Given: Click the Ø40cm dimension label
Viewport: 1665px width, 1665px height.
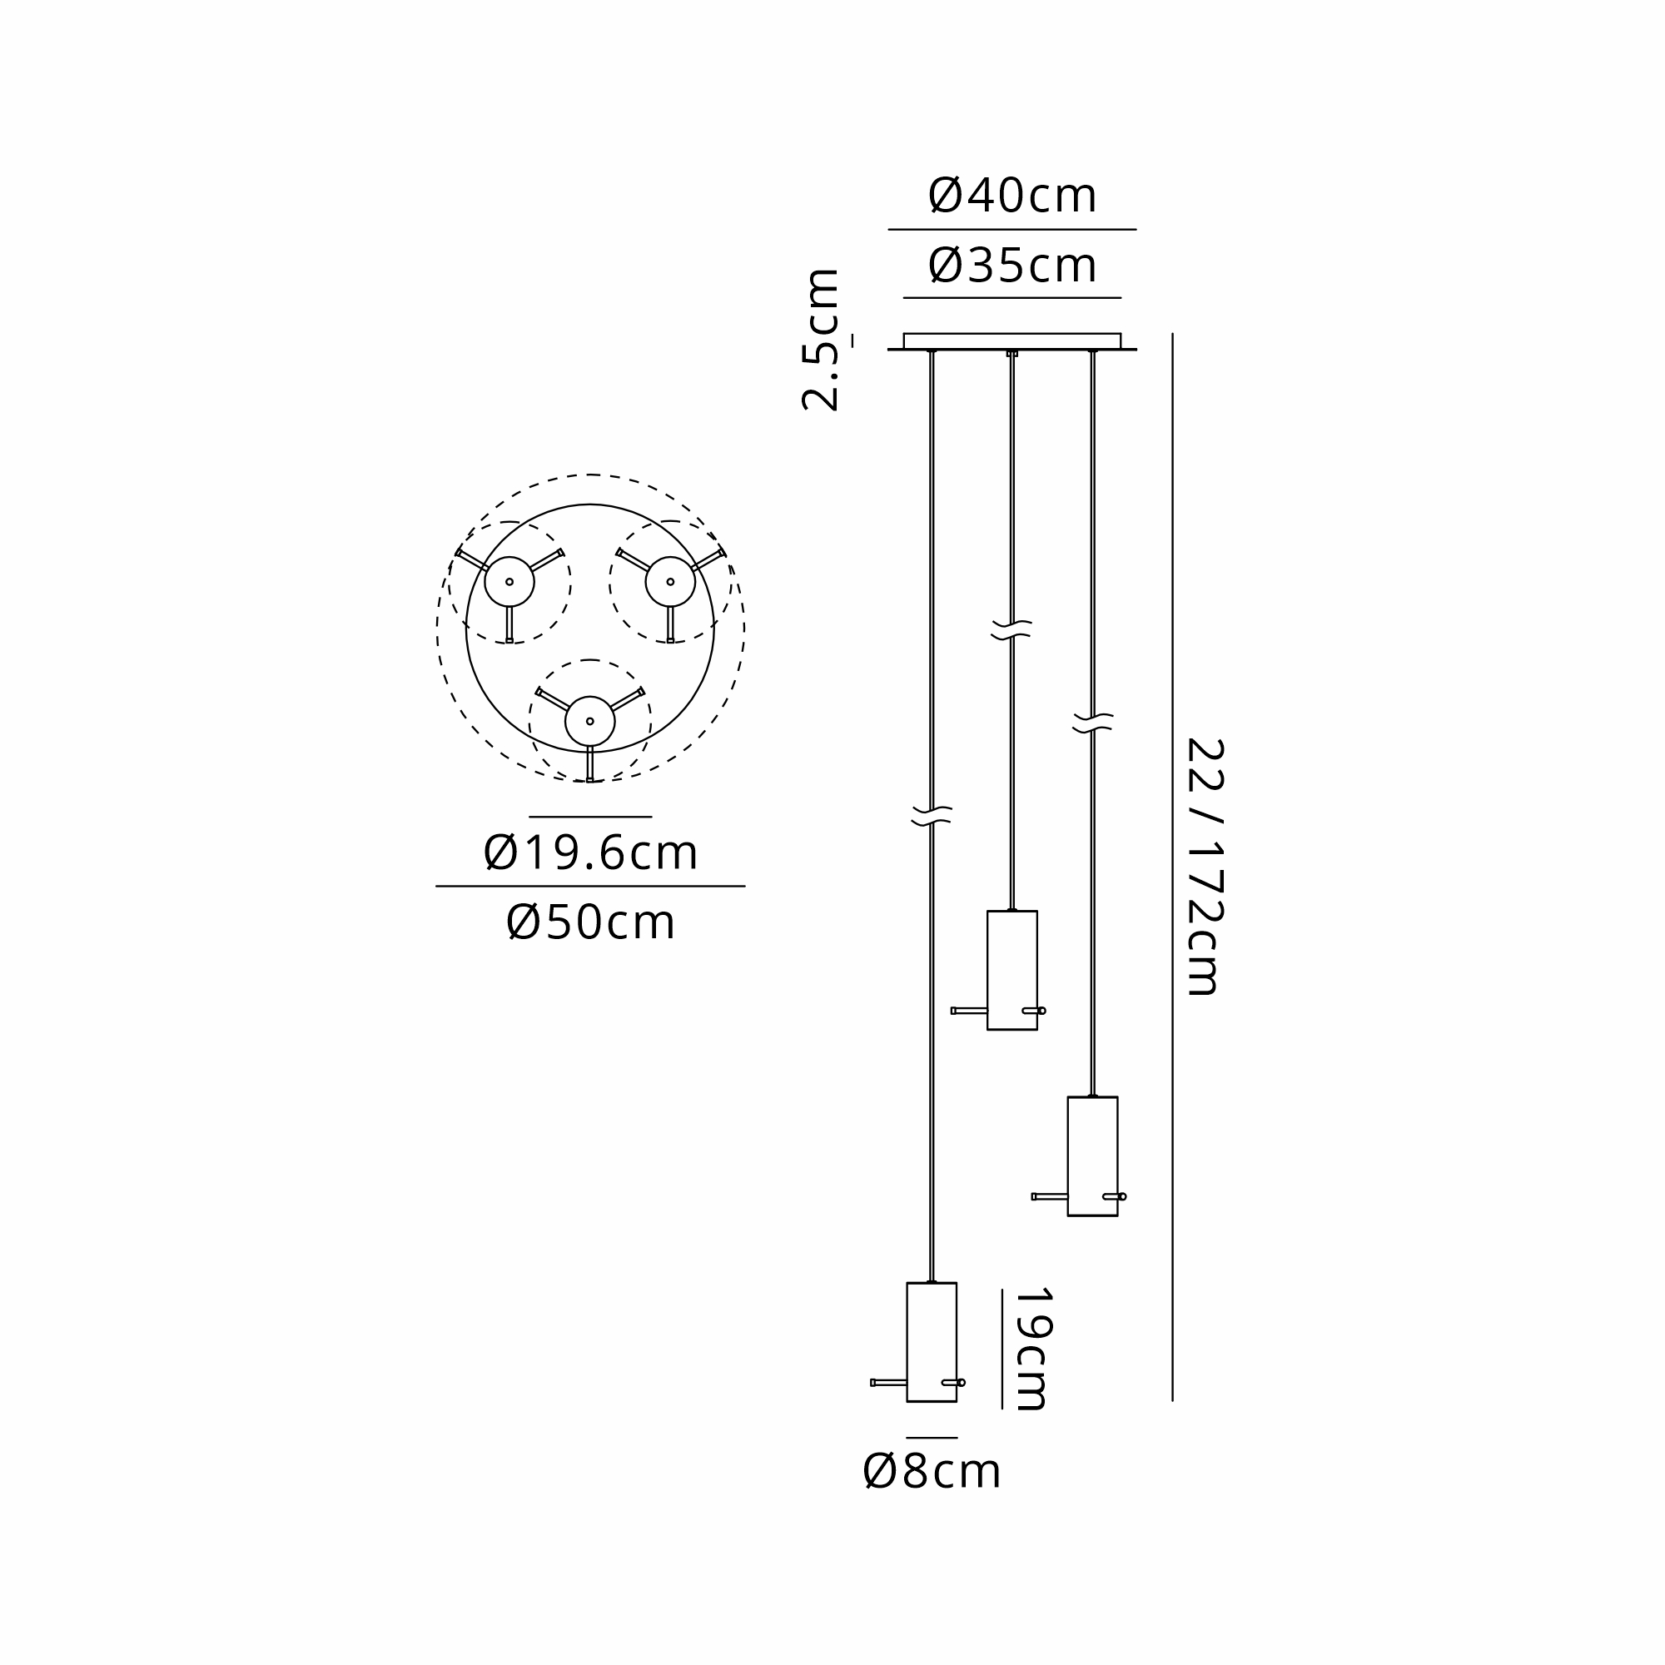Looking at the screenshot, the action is (1011, 196).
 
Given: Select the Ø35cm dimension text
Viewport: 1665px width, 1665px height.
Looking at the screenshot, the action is (1011, 266).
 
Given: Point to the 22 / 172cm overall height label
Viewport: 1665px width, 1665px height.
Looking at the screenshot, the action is (1205, 867).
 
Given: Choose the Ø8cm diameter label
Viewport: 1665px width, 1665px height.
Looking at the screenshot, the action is (932, 1471).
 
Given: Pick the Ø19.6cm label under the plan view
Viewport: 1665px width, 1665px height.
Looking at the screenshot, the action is (590, 853).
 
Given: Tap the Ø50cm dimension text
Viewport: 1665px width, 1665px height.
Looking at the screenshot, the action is (590, 923).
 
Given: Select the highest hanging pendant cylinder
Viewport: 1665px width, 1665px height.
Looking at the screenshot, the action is (1011, 970).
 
